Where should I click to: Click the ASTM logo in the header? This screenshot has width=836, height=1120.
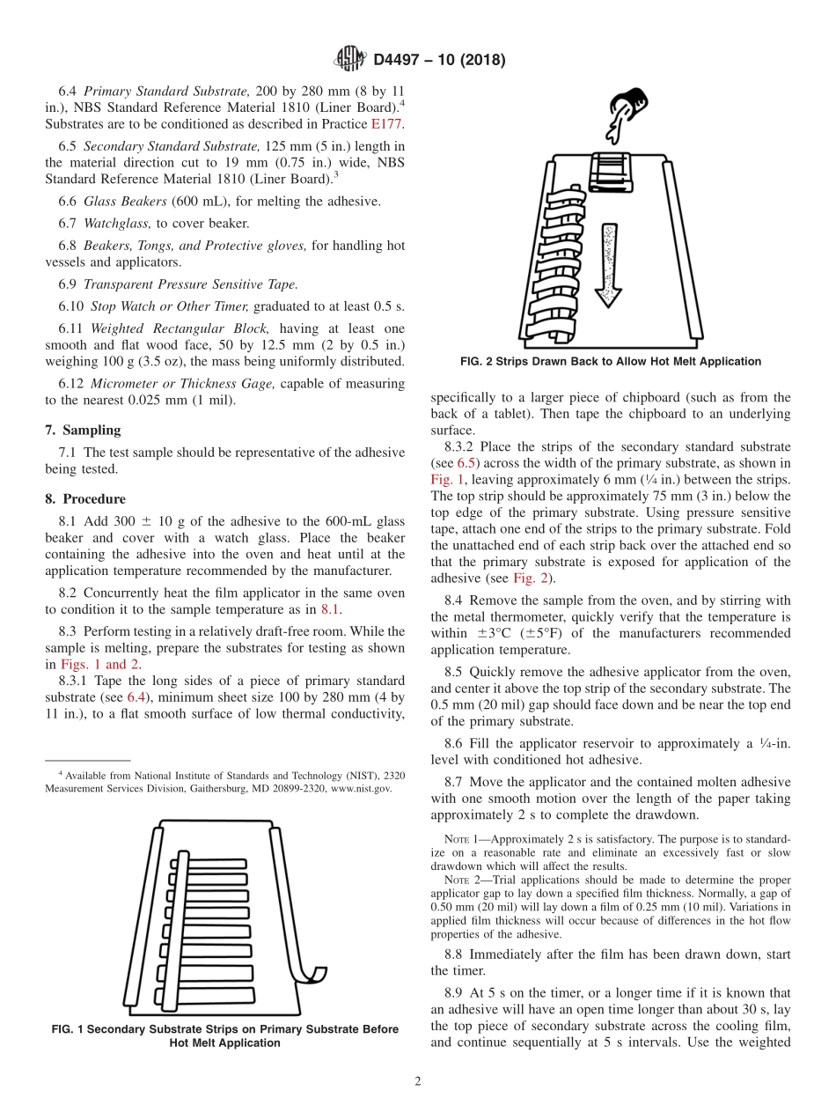(350, 60)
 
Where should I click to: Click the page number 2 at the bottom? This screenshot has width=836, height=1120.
(417, 1080)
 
